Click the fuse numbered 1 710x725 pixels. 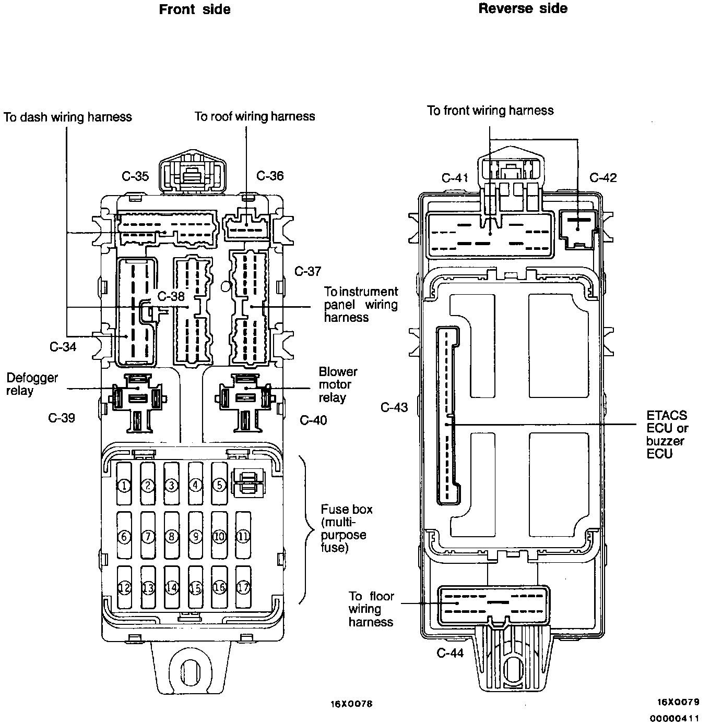pos(124,484)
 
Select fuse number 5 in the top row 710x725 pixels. pos(220,484)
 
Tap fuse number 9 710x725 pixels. pos(196,535)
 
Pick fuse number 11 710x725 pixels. pos(243,535)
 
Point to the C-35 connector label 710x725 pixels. pos(135,176)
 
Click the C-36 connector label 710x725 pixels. pos(270,176)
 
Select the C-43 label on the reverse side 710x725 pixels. pos(394,407)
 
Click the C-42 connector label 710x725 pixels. pos(603,178)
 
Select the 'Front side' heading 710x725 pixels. pos(195,9)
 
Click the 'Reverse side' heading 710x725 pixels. pos(523,8)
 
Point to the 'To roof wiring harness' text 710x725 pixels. pos(255,116)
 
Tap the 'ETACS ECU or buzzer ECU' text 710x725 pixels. pos(667,434)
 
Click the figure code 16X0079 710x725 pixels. pos(678,702)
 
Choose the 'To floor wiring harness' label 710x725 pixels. pos(371,609)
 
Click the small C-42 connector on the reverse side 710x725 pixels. pos(578,229)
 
